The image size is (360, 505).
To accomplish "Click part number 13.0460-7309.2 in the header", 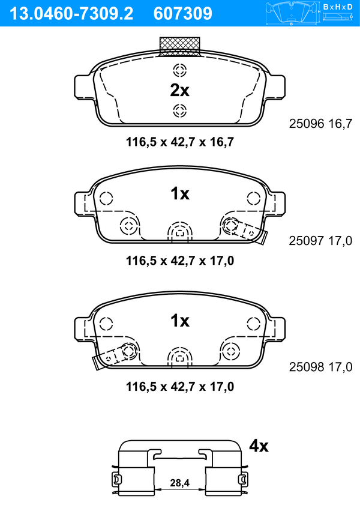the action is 71,14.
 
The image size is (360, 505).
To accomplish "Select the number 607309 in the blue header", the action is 183,14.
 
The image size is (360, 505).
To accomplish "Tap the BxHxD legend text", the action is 338,7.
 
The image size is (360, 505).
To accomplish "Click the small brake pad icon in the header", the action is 292,13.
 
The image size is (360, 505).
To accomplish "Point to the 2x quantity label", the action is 180,91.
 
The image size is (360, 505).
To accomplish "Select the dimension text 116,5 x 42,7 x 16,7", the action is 180,142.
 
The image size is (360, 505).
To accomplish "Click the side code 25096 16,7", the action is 321,123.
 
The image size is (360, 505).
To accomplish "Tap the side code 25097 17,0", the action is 321,241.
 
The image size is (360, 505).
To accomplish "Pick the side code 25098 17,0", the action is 321,367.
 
